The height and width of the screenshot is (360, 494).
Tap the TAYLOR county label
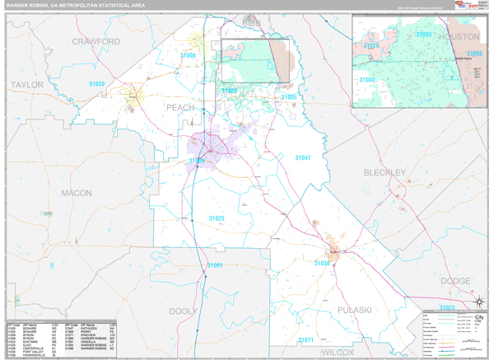(27, 84)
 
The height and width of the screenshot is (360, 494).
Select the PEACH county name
(180, 107)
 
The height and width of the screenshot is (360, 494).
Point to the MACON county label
(77, 193)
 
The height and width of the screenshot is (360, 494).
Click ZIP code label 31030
(96, 85)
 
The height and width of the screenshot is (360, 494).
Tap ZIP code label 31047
(304, 157)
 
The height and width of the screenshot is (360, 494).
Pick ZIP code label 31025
(216, 217)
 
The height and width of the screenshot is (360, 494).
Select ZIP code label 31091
(214, 265)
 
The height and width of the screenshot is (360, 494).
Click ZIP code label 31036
(322, 263)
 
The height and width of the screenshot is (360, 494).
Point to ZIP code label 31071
(305, 339)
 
